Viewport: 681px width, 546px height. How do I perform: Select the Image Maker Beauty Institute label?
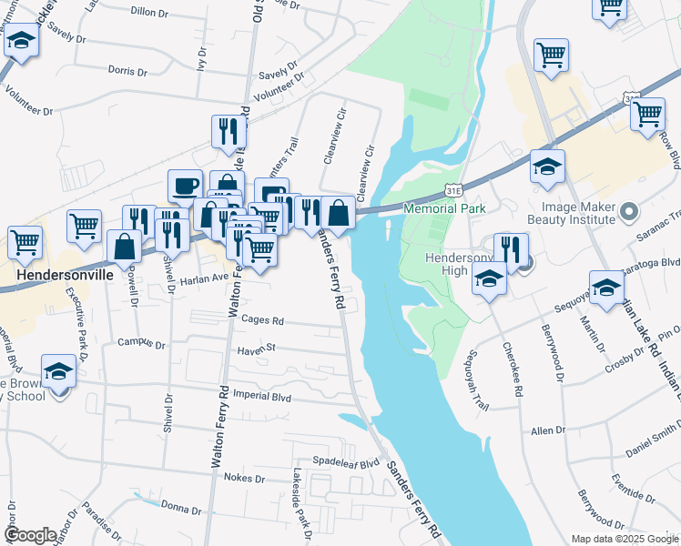(572, 217)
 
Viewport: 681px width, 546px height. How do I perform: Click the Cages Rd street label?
(264, 320)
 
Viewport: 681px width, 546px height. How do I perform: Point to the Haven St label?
(257, 348)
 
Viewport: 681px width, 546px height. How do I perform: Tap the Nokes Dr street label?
(243, 478)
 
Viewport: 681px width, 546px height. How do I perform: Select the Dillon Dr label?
(151, 11)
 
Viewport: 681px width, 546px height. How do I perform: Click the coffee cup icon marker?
(185, 187)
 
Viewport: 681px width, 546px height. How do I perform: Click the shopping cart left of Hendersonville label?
(25, 243)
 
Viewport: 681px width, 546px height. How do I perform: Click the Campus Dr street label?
(141, 345)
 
